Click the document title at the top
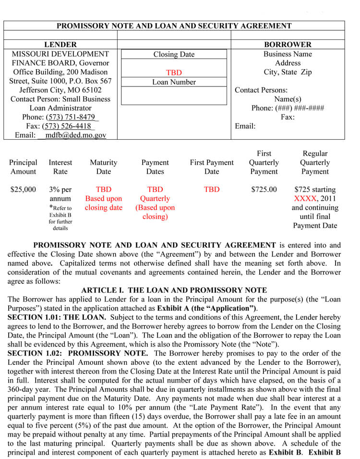point(174,26)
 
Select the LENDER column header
point(60,45)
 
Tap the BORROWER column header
point(288,45)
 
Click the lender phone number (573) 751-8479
point(72,117)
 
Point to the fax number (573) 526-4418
point(68,126)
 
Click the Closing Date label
point(174,55)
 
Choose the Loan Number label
point(174,82)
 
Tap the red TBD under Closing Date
point(174,73)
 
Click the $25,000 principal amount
point(23,190)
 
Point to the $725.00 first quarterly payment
point(264,190)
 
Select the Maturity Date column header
point(103,167)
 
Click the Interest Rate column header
point(60,167)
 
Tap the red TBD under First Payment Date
point(212,190)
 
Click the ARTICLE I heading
point(174,290)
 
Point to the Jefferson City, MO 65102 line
point(60,90)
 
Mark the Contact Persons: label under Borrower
point(261,90)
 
